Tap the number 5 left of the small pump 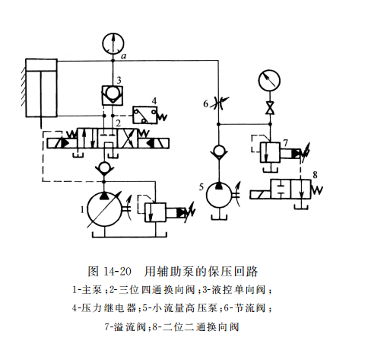pos(200,186)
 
